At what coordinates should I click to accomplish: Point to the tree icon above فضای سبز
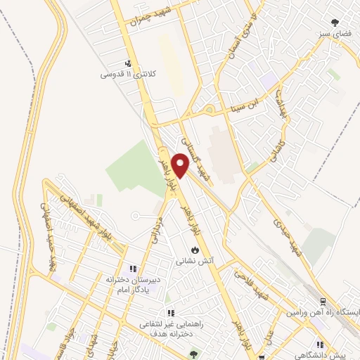click(x=336, y=22)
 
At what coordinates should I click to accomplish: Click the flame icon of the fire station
click(x=195, y=250)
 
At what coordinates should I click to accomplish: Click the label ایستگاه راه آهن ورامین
click(x=323, y=311)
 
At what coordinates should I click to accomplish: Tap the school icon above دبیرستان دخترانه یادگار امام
click(x=131, y=269)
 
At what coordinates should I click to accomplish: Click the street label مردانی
click(x=156, y=228)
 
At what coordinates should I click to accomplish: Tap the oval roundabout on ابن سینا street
click(x=208, y=110)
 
